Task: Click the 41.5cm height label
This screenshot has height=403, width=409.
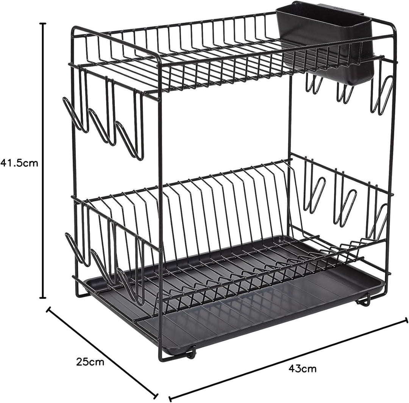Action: click(20, 163)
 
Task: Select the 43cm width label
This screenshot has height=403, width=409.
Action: click(303, 368)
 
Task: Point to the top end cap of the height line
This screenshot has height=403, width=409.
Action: click(43, 24)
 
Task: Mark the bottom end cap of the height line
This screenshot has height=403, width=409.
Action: click(43, 298)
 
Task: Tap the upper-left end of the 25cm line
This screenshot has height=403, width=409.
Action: click(48, 309)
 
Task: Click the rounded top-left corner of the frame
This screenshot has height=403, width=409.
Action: click(76, 28)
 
